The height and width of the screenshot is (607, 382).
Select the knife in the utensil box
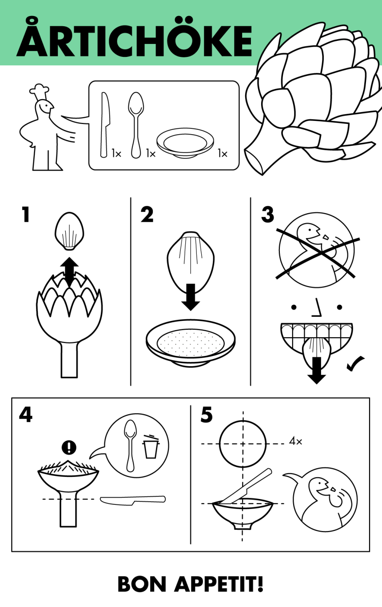(105, 124)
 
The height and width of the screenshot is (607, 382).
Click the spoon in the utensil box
(135, 124)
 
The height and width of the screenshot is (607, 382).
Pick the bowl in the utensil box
(185, 144)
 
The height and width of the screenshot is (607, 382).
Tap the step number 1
(25, 215)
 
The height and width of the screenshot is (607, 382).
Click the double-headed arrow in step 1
(69, 271)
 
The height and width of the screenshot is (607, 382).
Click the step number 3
(267, 215)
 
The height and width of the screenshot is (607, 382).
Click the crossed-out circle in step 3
(316, 251)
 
